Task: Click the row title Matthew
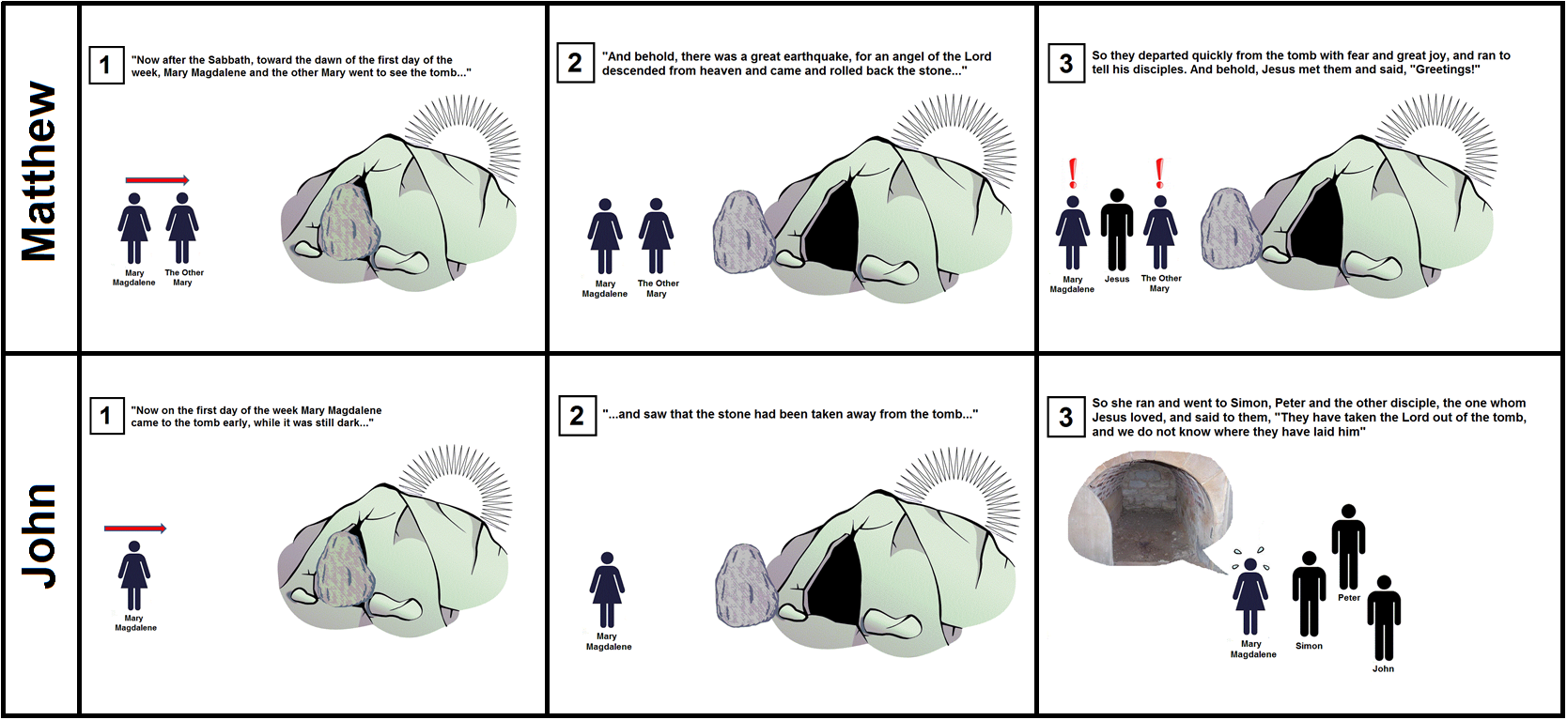pyautogui.click(x=39, y=172)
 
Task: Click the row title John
pyautogui.click(x=39, y=536)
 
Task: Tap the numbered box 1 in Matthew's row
pyautogui.click(x=106, y=65)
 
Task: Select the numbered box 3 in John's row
pyautogui.click(x=1066, y=417)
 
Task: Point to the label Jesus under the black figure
pyautogui.click(x=1116, y=279)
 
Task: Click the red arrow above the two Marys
pyautogui.click(x=158, y=180)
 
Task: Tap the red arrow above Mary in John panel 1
pyautogui.click(x=135, y=529)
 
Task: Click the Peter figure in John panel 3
pyautogui.click(x=1348, y=546)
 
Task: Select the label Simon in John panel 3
pyautogui.click(x=1309, y=646)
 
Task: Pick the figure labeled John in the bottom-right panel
pyautogui.click(x=1384, y=618)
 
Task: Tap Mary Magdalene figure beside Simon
pyautogui.click(x=1250, y=596)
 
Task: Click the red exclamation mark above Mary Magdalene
pyautogui.click(x=1073, y=174)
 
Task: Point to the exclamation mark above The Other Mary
pyautogui.click(x=1160, y=174)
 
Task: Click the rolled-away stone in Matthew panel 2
pyautogui.click(x=743, y=231)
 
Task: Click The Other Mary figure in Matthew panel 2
pyautogui.click(x=656, y=236)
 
